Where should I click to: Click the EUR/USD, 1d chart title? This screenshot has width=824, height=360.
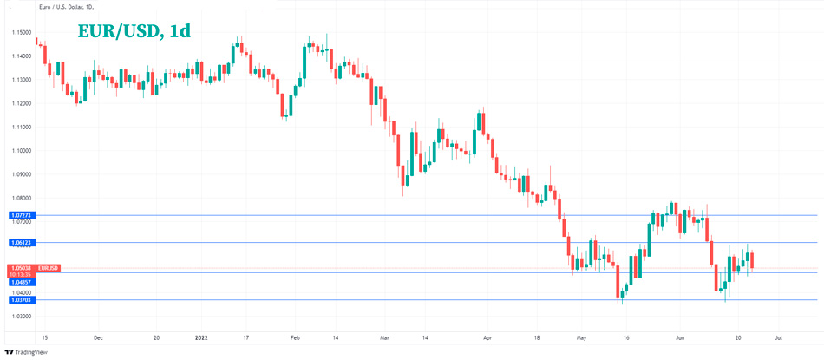coord(134,30)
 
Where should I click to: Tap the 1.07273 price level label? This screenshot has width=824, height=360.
coord(21,215)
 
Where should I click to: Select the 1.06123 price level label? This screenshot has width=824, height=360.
coord(21,243)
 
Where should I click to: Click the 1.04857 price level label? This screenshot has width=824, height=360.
coord(21,282)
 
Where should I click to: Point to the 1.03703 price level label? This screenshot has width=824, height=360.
coord(21,300)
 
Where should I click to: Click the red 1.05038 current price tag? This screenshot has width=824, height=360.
coord(21,268)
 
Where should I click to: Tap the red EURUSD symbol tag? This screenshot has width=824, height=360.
coord(49,268)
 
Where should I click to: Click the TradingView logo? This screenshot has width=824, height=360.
coord(26,352)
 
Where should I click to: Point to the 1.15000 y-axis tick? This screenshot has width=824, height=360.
coord(22,32)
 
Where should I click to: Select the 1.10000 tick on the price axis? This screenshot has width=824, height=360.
coord(22,151)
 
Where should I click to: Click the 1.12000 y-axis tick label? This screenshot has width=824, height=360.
coord(22,103)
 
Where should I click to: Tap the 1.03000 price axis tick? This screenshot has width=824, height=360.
coord(22,317)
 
